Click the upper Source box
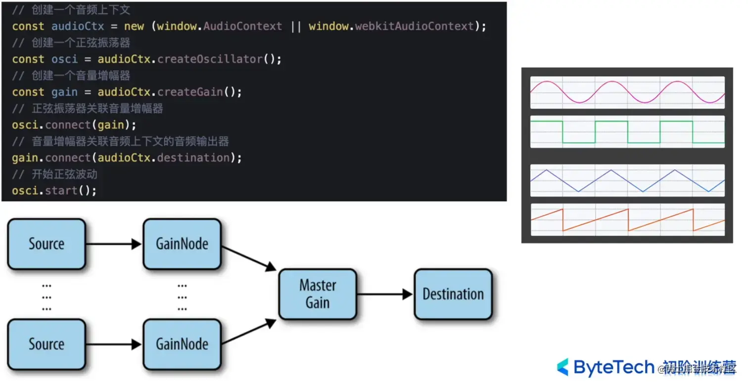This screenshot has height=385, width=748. point(47,244)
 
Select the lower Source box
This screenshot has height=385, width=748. point(47,344)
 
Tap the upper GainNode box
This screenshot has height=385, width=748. point(182,244)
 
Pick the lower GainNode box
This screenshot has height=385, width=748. point(182,344)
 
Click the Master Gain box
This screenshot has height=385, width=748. point(318,294)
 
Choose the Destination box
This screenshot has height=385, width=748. point(453,294)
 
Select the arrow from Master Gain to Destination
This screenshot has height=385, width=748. point(385,295)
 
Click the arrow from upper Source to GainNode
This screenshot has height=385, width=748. point(114,244)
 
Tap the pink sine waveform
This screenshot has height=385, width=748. point(627,92)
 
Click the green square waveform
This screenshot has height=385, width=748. point(627,132)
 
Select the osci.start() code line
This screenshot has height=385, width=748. point(54,190)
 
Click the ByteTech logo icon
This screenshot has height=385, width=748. point(563,367)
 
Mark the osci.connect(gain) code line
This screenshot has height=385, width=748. point(74,125)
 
